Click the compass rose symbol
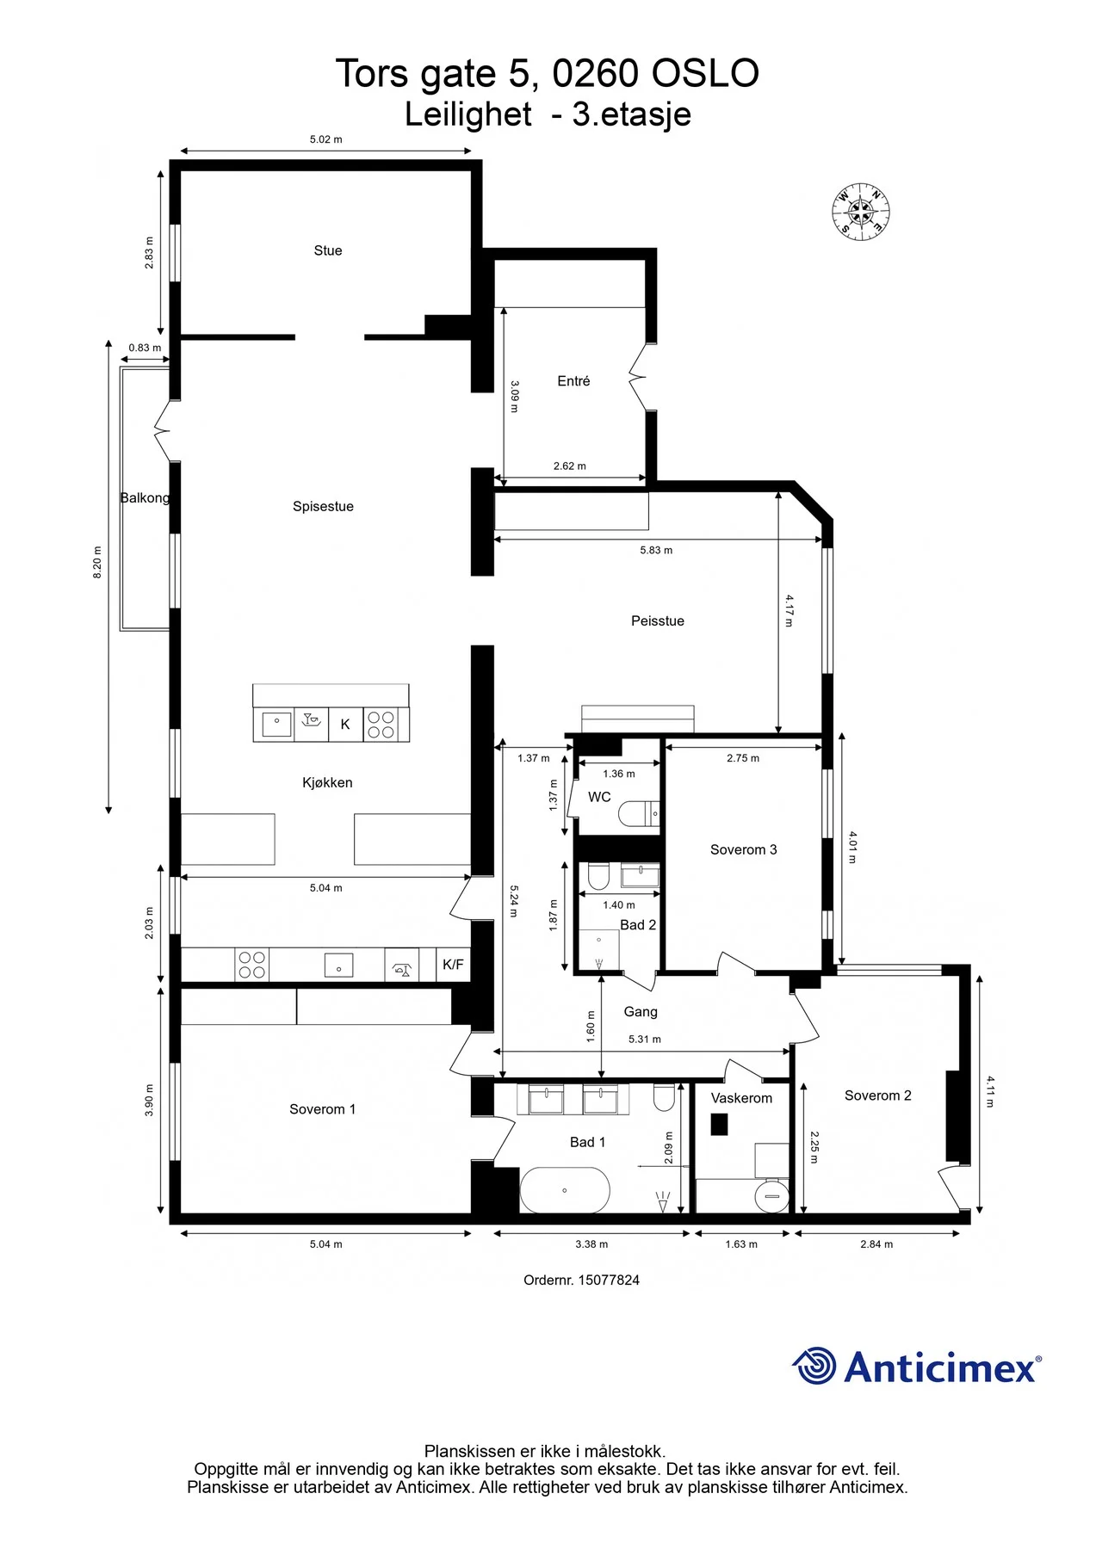[x=860, y=212]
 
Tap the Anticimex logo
[x=917, y=1366]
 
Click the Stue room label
[x=328, y=250]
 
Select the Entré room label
[x=573, y=380]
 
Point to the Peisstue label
[x=658, y=620]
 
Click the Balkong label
[x=145, y=497]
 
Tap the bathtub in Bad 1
[x=565, y=1190]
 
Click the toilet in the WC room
[x=640, y=813]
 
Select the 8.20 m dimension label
[x=97, y=562]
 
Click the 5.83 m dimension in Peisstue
[x=656, y=550]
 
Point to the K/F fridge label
[x=453, y=965]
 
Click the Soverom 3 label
[x=744, y=849]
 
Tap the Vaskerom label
[x=741, y=1098]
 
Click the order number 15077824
[x=609, y=1280]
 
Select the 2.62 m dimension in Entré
[x=570, y=466]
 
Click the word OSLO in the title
[x=705, y=74]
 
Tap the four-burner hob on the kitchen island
[x=381, y=725]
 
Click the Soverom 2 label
[x=877, y=1095]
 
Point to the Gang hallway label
[x=641, y=1012]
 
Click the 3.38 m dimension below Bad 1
[x=591, y=1244]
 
